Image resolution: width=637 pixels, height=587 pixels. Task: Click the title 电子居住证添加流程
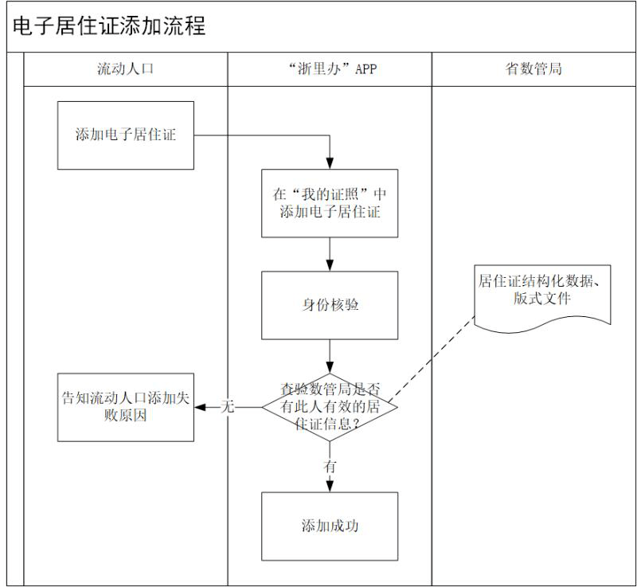109,26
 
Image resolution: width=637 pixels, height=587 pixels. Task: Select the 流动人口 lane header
125,68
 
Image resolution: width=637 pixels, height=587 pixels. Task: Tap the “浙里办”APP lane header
330,68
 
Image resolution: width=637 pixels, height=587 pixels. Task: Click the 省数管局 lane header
533,68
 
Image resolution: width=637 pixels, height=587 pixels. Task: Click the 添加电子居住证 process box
125,135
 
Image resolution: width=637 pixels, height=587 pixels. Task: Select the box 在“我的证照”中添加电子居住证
330,203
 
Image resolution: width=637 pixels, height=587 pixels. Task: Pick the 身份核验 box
330,305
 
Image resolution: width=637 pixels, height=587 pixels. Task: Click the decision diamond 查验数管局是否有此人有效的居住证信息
330,407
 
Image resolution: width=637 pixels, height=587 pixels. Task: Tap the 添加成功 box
330,526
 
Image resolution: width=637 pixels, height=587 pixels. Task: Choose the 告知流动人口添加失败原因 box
125,407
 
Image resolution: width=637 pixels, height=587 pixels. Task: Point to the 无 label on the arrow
228,407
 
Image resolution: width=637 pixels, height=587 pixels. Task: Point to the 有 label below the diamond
330,467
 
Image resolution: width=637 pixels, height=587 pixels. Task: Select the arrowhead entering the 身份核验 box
330,266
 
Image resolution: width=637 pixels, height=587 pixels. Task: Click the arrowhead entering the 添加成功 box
330,487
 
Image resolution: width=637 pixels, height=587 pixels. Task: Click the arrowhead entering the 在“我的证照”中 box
330,163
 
